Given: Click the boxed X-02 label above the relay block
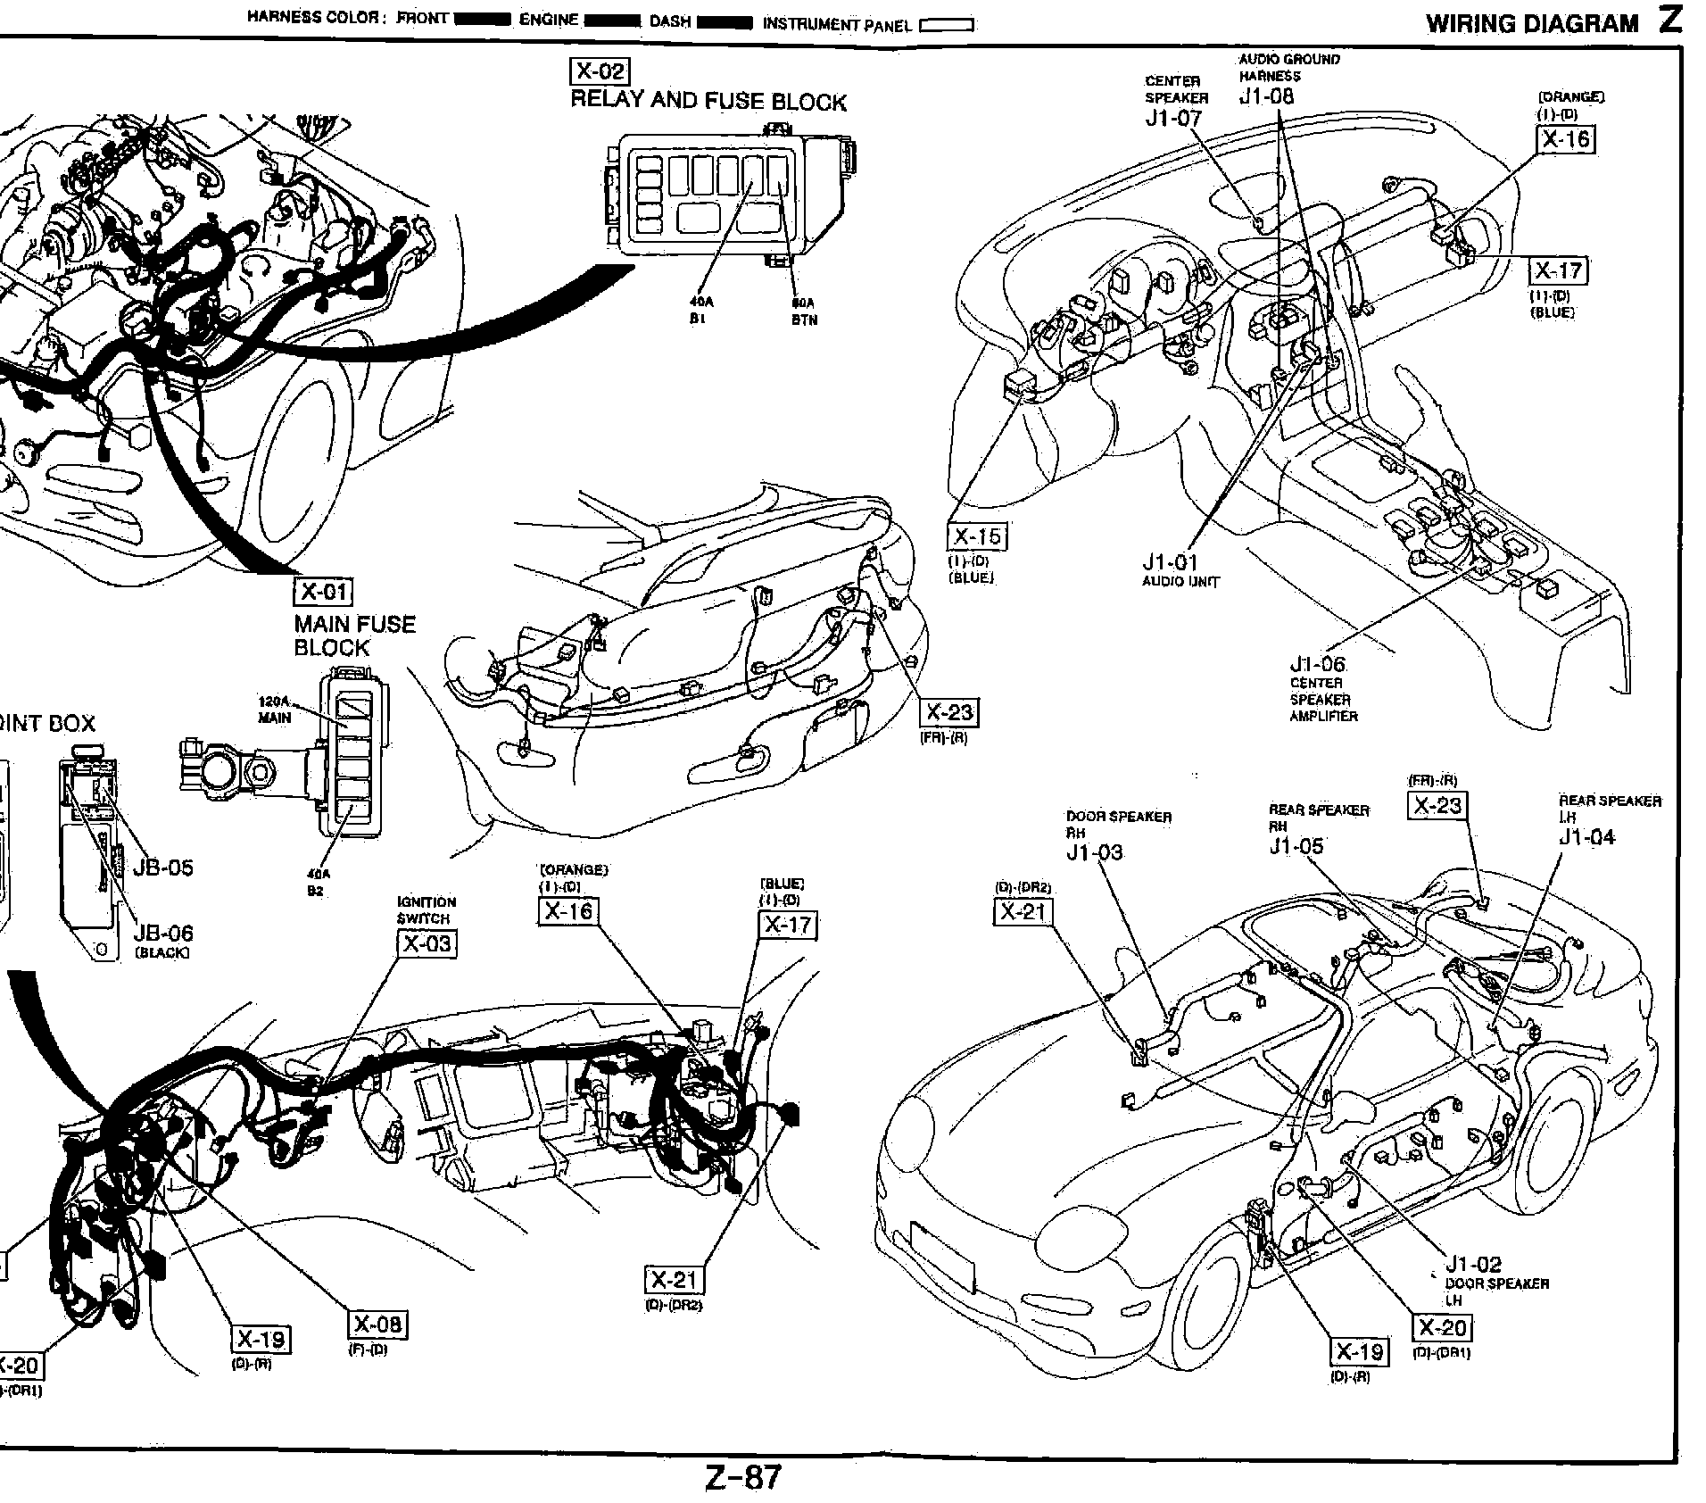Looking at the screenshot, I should (599, 71).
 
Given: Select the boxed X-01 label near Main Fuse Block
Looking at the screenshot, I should (323, 592).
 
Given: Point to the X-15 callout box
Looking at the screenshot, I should (976, 536).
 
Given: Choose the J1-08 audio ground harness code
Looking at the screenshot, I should (1265, 96).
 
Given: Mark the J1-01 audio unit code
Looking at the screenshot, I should (1170, 562).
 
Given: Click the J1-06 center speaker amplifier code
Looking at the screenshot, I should (1316, 664).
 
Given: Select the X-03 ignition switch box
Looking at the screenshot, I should (426, 943).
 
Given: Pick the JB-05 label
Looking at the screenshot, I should (162, 868).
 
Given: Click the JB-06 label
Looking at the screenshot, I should (162, 934).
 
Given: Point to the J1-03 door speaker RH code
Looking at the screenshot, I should (1094, 852).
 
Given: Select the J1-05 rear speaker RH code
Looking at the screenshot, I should (1296, 845).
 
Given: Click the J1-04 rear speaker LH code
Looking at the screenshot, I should (1586, 837).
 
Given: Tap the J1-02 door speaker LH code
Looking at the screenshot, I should (1473, 1264).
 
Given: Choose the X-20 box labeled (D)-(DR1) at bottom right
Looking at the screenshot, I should (1442, 1328).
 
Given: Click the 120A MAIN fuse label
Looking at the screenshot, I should (274, 710).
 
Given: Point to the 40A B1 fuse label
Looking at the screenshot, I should (699, 310).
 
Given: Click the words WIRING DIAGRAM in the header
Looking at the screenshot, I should (1532, 24).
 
